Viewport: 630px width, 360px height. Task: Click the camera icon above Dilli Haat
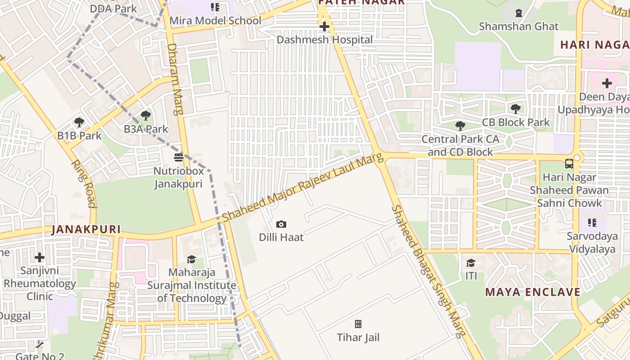pyautogui.click(x=281, y=224)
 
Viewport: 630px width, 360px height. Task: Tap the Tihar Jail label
pyautogui.click(x=358, y=337)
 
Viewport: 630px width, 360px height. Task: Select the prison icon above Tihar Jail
pyautogui.click(x=358, y=324)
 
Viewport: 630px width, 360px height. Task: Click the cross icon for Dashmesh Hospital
pyautogui.click(x=324, y=27)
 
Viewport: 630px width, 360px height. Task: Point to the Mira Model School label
pyautogui.click(x=215, y=21)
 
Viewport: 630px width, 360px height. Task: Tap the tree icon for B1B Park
pyautogui.click(x=79, y=122)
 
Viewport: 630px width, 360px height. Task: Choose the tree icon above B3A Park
pyautogui.click(x=145, y=116)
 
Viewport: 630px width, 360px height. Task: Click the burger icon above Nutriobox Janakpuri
pyautogui.click(x=179, y=157)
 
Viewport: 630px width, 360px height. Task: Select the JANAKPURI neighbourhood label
pyautogui.click(x=86, y=229)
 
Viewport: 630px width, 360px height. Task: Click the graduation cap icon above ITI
pyautogui.click(x=471, y=263)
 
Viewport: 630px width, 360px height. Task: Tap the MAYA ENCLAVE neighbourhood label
pyautogui.click(x=533, y=292)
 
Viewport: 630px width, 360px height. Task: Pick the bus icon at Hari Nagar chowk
pyautogui.click(x=569, y=164)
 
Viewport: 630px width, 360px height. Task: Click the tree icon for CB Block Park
pyautogui.click(x=516, y=108)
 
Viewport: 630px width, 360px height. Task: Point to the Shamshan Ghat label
pyautogui.click(x=518, y=26)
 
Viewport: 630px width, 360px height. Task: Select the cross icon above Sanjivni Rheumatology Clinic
pyautogui.click(x=40, y=257)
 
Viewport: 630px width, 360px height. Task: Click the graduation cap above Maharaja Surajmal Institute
pyautogui.click(x=192, y=259)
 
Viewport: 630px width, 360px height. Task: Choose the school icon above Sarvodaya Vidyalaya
pyautogui.click(x=592, y=223)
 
